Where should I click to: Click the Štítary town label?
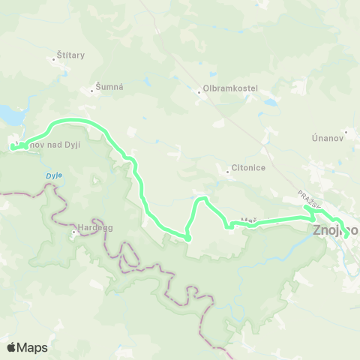tap(70, 55)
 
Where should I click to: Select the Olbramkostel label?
tap(230, 88)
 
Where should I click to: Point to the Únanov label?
tap(327, 139)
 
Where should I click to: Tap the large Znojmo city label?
tap(334, 231)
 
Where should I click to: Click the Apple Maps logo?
tap(27, 347)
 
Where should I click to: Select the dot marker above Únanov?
tap(346, 130)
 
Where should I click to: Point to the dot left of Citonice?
tap(228, 172)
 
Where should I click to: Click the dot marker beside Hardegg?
tap(74, 232)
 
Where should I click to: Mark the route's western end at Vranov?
tap(13, 147)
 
